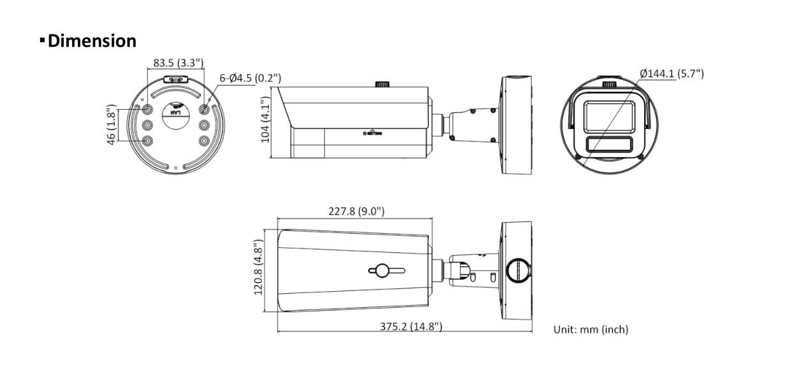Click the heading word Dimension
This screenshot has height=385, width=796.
(x=91, y=42)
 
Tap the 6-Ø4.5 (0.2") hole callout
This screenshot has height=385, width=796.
(x=250, y=79)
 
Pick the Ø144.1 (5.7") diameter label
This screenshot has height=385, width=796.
(x=672, y=73)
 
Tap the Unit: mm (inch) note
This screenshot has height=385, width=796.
(x=590, y=329)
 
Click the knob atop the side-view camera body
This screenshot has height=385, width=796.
(x=382, y=84)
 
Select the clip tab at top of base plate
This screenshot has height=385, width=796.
(x=176, y=80)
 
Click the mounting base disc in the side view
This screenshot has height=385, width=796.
(x=516, y=125)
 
